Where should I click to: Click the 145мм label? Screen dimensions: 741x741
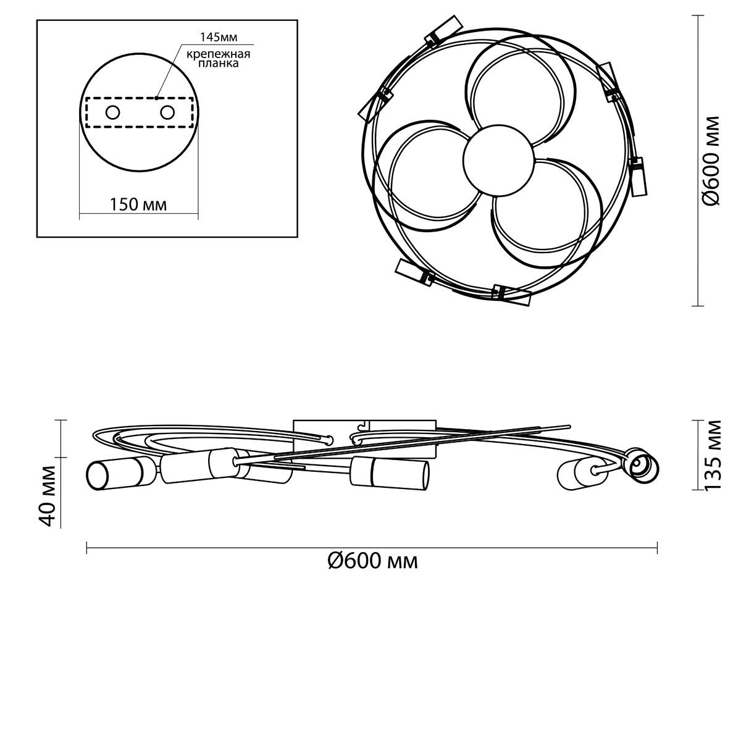coord(219,37)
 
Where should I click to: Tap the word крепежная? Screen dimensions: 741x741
coord(219,54)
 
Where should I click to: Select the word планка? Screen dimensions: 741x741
coord(219,64)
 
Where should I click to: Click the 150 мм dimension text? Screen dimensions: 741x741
coord(138,204)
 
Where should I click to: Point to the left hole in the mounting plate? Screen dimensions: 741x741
coord(112,112)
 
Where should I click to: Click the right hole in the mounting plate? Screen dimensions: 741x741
coord(167,112)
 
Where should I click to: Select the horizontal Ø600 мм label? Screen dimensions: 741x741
coord(372,562)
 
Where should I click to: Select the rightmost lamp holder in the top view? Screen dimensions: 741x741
coord(638,176)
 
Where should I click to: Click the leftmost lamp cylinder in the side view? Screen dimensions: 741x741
coord(120,474)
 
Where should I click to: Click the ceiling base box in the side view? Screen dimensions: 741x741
coord(364,438)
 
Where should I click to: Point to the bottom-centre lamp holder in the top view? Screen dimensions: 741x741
coord(512,295)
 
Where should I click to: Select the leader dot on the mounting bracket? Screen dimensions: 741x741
coord(156,98)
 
